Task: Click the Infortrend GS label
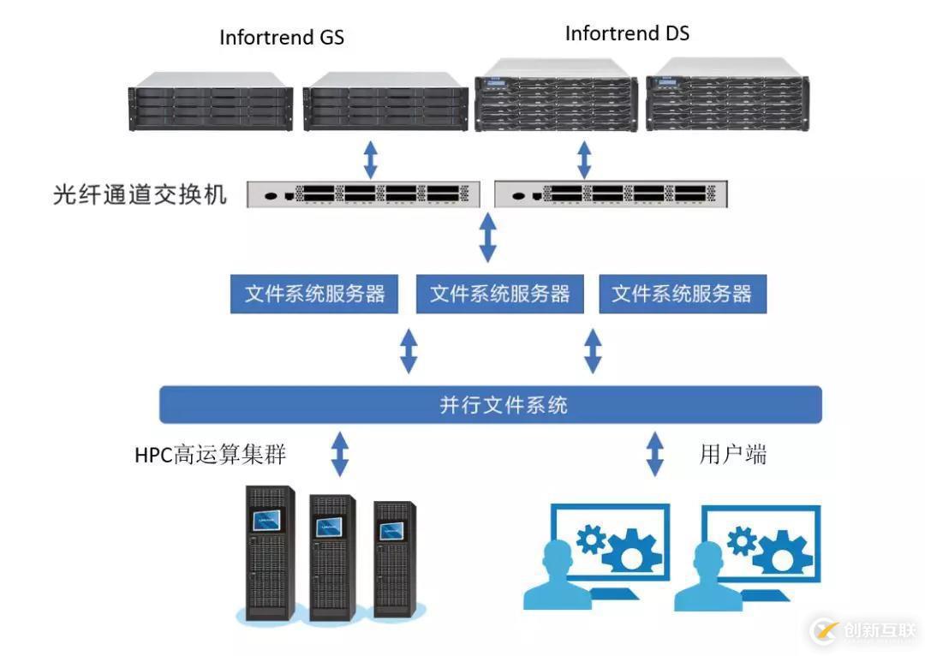click(282, 38)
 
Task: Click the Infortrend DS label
click(627, 34)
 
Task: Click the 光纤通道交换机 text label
click(140, 195)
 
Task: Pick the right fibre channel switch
click(612, 194)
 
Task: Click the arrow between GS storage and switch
click(370, 158)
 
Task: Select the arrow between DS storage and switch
click(584, 158)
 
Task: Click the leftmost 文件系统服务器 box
click(314, 295)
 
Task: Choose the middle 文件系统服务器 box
click(499, 295)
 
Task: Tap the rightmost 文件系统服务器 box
click(682, 295)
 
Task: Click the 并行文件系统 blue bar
click(491, 404)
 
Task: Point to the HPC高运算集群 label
click(210, 455)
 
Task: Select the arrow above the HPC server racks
click(340, 453)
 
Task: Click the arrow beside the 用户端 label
click(655, 453)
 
